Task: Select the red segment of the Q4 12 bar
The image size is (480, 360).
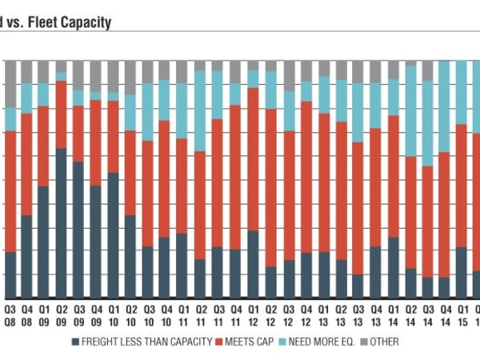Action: tap(306, 177)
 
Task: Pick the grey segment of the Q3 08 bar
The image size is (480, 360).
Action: tap(10, 84)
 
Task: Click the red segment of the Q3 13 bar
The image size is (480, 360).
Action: tap(358, 208)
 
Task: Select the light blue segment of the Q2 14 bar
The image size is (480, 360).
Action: tap(411, 111)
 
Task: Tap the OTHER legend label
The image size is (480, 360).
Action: tap(385, 342)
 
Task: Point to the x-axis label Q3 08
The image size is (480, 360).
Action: tap(10, 314)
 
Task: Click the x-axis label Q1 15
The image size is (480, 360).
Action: tap(462, 314)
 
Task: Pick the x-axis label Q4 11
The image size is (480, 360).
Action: tap(236, 314)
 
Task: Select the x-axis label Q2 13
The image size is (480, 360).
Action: tap(341, 314)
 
